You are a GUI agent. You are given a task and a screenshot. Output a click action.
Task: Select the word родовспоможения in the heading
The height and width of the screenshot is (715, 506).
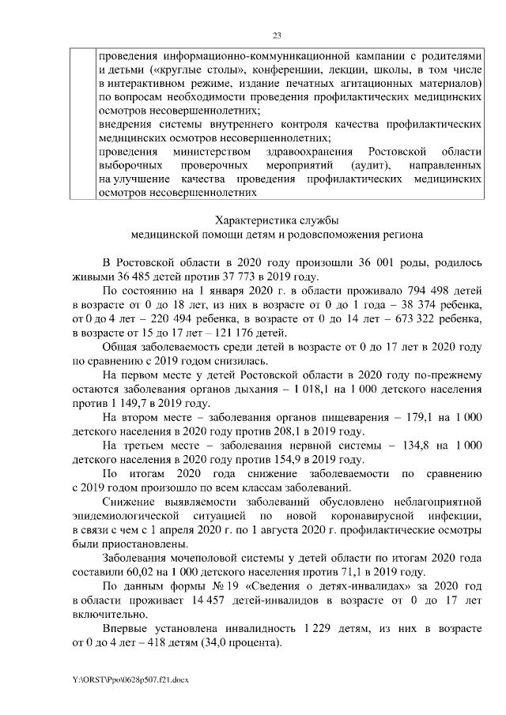tap(330, 235)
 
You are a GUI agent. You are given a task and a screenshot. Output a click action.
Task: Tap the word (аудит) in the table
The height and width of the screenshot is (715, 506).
tap(369, 166)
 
